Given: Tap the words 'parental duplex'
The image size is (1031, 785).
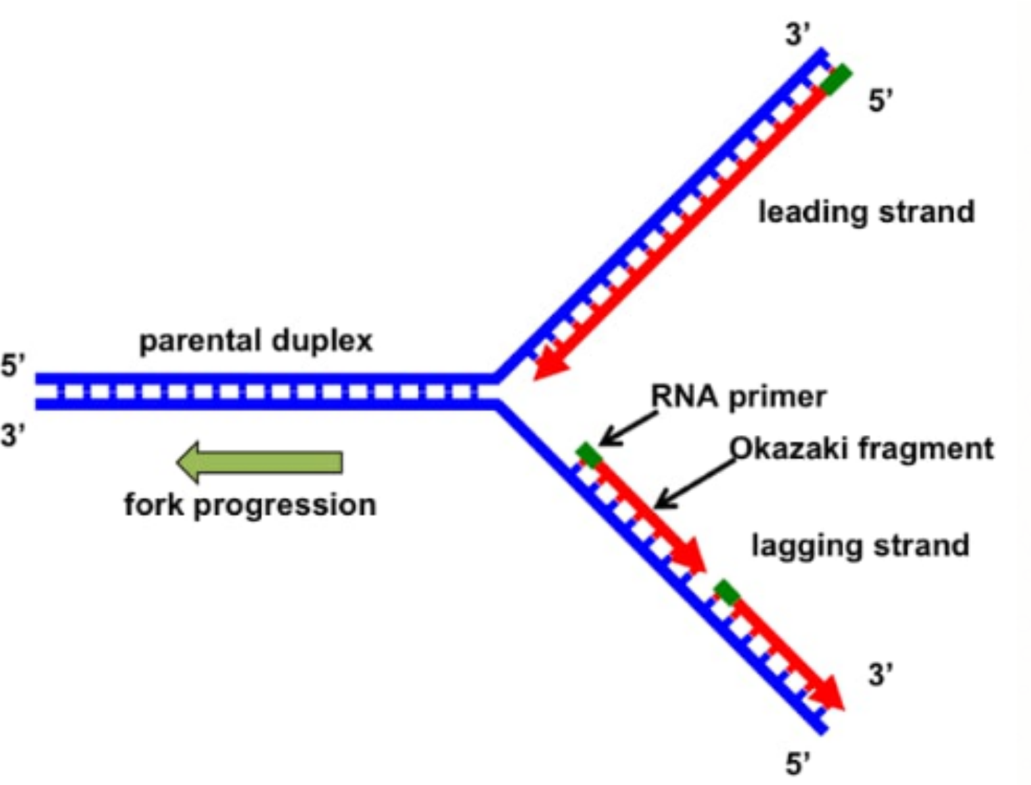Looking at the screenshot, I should coord(256,341).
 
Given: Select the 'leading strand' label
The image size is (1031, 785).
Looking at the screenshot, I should coord(866,212).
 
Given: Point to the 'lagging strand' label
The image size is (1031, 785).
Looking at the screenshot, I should coord(860,546).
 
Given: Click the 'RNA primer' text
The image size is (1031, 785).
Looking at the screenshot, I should coord(738,397).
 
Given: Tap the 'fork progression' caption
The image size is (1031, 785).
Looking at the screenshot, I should coord(250,505).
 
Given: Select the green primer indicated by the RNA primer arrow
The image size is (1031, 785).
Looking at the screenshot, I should coord(589,455).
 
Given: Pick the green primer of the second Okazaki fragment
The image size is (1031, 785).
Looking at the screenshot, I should coord(727,591).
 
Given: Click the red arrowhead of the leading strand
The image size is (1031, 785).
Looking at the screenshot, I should coord(548,366).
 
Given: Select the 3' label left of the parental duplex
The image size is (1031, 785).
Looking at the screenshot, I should coord(13,435).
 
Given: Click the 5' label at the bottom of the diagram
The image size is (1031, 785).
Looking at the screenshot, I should coord(798,763).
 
